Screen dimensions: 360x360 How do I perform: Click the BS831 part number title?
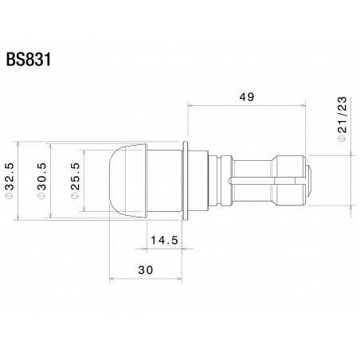click(29, 61)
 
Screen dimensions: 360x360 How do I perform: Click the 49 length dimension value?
click(247, 96)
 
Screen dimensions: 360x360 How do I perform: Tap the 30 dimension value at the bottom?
click(145, 270)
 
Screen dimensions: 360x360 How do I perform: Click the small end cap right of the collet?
click(311, 181)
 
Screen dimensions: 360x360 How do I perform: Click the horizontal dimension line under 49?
click(247, 104)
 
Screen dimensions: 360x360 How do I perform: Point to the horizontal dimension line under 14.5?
click(166, 248)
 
